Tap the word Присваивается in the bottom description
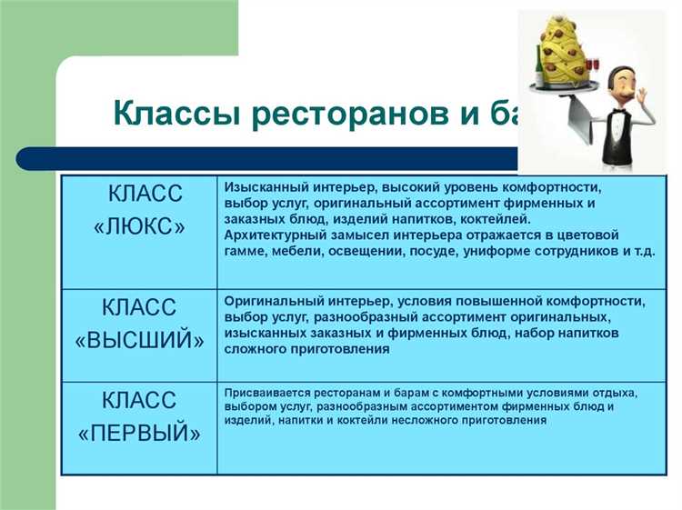267,393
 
